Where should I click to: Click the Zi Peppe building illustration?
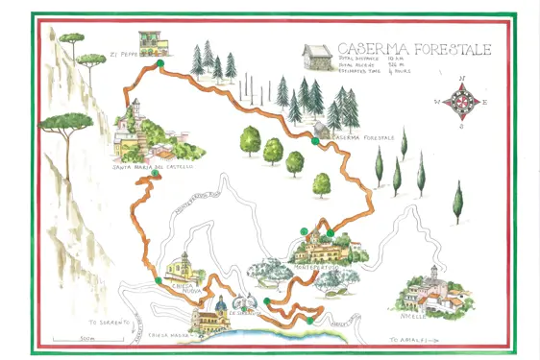pyautogui.click(x=149, y=43)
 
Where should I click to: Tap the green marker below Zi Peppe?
pyautogui.click(x=160, y=63)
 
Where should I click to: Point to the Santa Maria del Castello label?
pyautogui.click(x=153, y=167)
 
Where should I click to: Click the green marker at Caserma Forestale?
pyautogui.click(x=315, y=141)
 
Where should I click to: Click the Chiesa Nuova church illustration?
pyautogui.click(x=178, y=266)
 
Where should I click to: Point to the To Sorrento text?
pyautogui.click(x=107, y=323)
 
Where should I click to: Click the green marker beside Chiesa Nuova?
pyautogui.click(x=158, y=280)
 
